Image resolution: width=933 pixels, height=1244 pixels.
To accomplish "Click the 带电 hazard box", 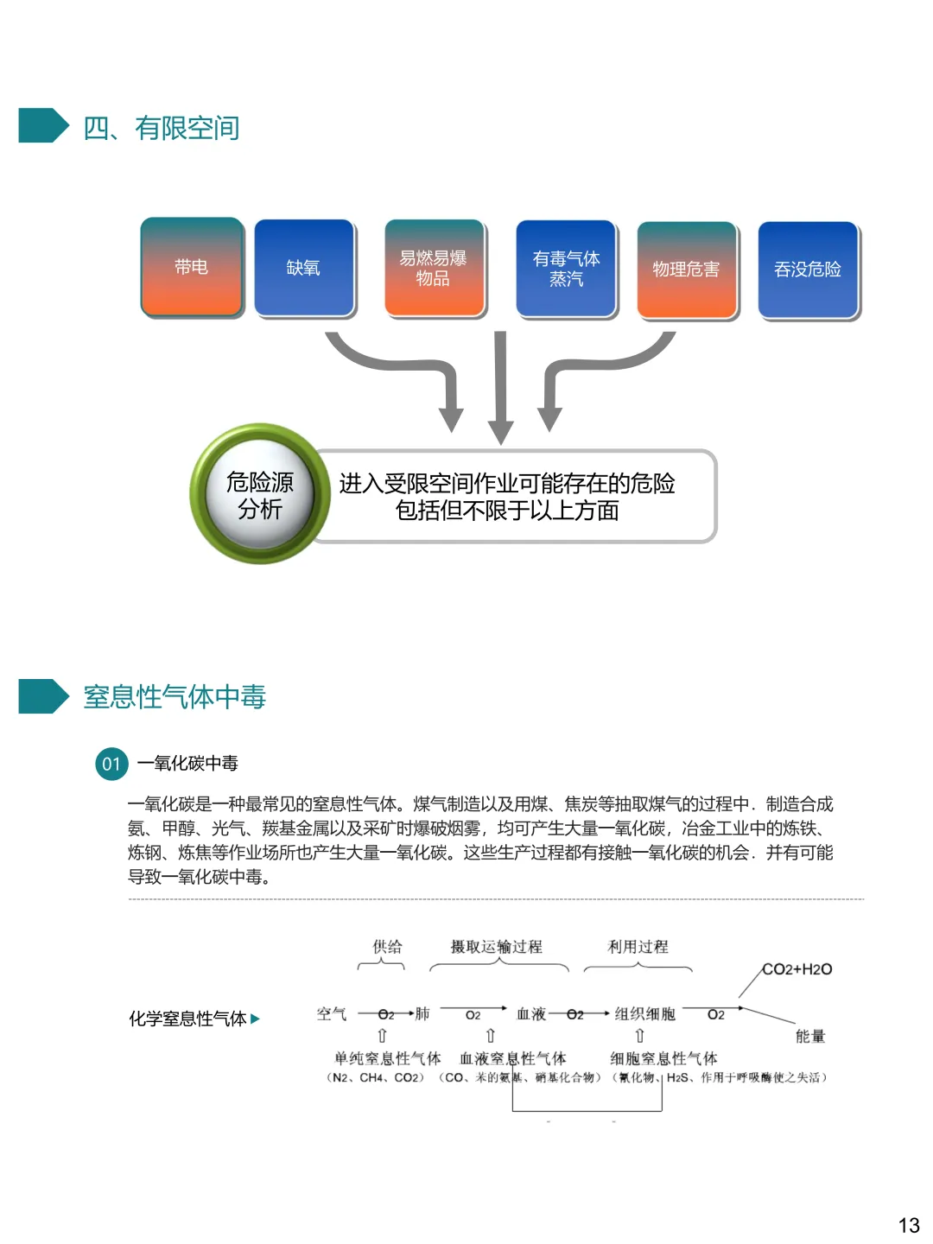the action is point(192,267).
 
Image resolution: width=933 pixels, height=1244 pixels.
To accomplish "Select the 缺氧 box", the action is point(304,268).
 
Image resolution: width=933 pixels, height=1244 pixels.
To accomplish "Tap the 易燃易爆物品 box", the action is point(434,268).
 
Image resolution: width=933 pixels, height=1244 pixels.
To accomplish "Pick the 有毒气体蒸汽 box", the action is point(566,269).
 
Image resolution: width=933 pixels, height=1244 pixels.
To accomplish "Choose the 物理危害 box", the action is point(687,270).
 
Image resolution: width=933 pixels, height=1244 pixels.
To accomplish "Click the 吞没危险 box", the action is point(808,270).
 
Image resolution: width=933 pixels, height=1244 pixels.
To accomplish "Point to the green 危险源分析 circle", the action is point(260,494).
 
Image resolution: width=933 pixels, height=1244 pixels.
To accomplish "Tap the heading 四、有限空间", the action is point(162,128).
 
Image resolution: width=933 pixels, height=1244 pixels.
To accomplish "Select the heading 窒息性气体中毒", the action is point(175,696).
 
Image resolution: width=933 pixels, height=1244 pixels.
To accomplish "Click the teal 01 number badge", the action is point(111,764).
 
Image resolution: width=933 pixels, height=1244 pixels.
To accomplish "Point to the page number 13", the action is point(909,1225).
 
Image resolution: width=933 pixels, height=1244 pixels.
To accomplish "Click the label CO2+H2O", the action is point(797,969).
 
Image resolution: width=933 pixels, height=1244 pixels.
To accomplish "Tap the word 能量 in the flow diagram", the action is point(810,1036).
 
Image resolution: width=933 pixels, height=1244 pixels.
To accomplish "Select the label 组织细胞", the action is point(644,1013).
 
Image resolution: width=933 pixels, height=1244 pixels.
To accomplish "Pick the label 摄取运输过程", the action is point(497,947).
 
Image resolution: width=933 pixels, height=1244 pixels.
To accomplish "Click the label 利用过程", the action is point(638,947).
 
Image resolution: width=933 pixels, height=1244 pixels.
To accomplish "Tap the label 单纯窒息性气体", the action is point(387,1058).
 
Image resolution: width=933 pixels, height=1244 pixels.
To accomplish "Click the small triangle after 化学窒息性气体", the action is point(255,1019).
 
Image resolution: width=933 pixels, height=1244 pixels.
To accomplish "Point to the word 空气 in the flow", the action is point(332,1013).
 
